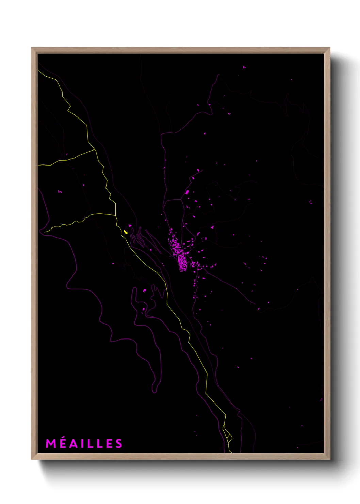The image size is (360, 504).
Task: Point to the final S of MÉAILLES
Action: pyautogui.click(x=118, y=444)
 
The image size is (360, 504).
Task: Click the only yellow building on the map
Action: pyautogui.click(x=126, y=232)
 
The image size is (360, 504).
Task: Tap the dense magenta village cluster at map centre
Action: pyautogui.click(x=180, y=255)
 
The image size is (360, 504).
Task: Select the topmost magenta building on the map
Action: pyautogui.click(x=244, y=67)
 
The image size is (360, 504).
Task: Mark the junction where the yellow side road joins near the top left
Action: pyautogui.click(x=95, y=149)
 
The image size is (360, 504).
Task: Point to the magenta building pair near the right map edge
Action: pyautogui.click(x=310, y=202)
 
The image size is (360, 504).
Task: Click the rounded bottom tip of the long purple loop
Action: pyautogui.click(x=154, y=392)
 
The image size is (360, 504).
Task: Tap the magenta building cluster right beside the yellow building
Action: pyautogui.click(x=130, y=226)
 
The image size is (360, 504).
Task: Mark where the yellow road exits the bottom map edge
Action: pyautogui.click(x=231, y=452)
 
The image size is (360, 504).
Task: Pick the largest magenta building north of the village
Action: pyautogui.click(x=187, y=192)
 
